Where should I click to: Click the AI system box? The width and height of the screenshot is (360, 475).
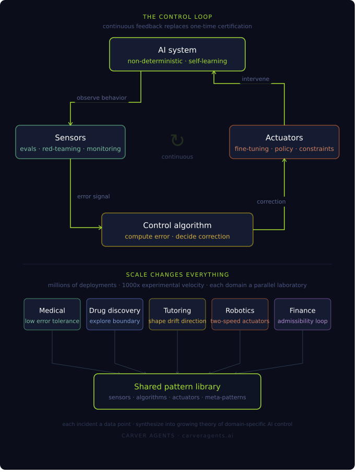(177, 54)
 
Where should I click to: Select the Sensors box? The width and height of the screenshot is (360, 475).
(70, 142)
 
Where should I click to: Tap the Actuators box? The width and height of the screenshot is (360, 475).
(284, 142)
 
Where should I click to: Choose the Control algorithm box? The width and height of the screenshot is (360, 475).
(177, 230)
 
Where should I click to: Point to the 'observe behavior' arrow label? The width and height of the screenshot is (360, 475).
(102, 98)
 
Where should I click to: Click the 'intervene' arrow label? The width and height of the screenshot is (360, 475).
(256, 79)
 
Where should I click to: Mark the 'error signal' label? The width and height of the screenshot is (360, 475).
(93, 196)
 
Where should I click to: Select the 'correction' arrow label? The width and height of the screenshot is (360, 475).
(271, 202)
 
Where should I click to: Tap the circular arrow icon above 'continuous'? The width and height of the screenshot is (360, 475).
(177, 140)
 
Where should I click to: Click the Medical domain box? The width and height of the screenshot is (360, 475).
(52, 314)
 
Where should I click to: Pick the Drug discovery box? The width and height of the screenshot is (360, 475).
(115, 314)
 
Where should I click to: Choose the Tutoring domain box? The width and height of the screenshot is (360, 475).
(177, 314)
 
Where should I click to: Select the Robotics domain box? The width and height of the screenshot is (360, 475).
(240, 314)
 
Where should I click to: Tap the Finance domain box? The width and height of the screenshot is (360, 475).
(303, 314)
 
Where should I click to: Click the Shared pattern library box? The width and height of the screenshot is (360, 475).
(177, 391)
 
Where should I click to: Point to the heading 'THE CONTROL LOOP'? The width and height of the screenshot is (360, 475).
(177, 17)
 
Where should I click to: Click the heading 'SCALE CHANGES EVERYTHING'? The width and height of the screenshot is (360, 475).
(177, 275)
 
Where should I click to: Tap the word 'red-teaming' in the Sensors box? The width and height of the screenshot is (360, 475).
(62, 149)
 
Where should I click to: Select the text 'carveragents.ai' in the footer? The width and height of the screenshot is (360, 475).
(208, 436)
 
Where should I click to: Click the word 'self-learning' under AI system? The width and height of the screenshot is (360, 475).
(208, 61)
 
